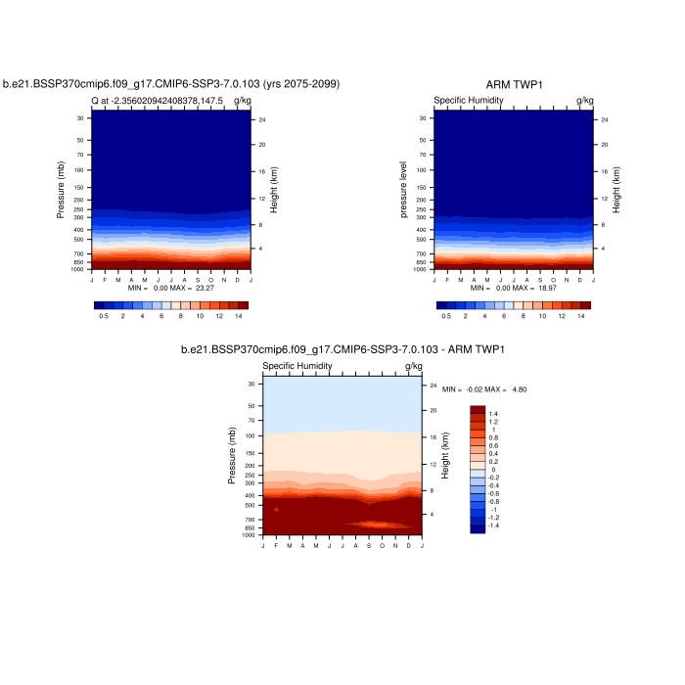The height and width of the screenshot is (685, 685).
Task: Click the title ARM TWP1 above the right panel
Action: click(x=514, y=85)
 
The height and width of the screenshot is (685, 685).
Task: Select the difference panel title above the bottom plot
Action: click(x=342, y=350)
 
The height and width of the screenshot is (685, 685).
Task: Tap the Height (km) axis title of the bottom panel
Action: click(x=444, y=455)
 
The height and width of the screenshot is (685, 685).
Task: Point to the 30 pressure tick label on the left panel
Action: click(x=80, y=118)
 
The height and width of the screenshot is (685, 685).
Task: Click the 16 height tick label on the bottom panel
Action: click(x=433, y=436)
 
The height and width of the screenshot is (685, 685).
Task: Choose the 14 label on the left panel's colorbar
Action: click(x=238, y=317)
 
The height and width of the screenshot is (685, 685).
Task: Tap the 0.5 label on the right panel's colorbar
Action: click(x=446, y=317)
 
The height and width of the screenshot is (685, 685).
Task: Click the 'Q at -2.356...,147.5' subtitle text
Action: click(x=158, y=100)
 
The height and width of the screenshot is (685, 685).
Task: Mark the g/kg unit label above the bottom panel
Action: click(x=413, y=366)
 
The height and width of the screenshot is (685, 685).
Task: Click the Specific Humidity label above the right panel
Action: click(x=468, y=100)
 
